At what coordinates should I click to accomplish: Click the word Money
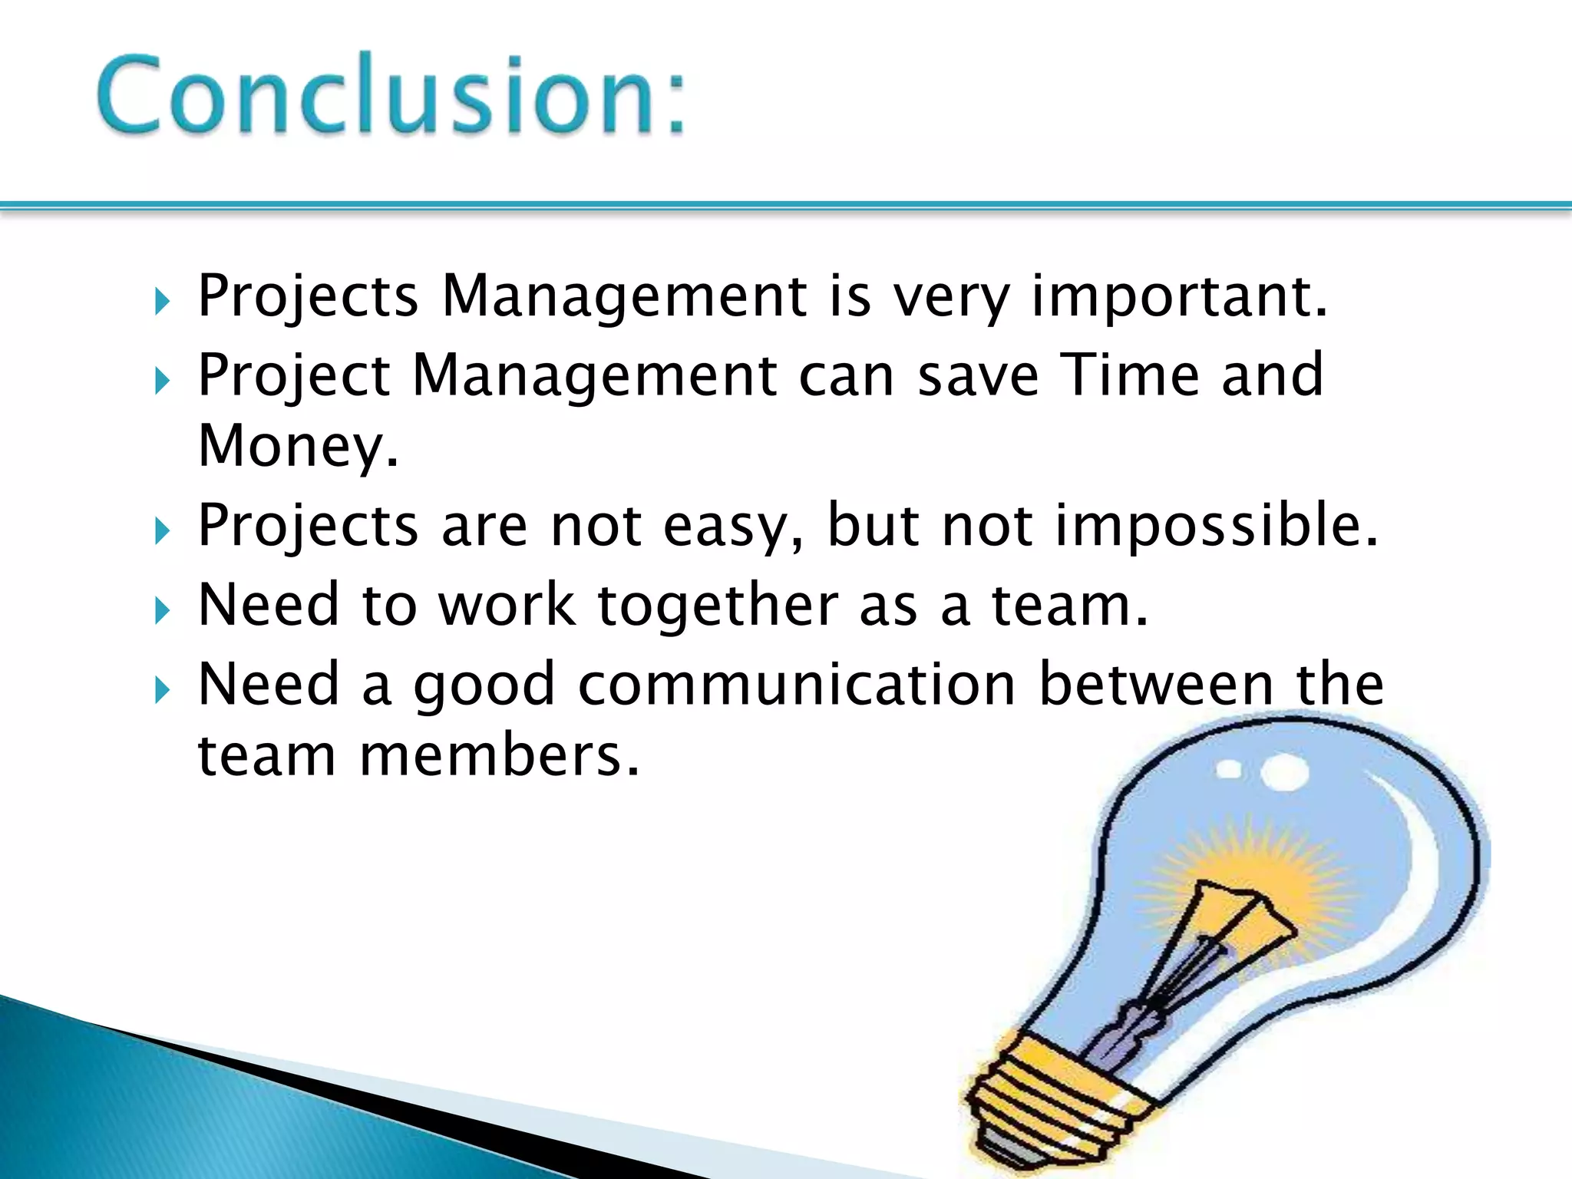[298, 446]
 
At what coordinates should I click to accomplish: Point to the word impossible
[1217, 526]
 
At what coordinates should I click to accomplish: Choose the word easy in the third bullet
[733, 527]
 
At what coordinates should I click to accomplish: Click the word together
[718, 606]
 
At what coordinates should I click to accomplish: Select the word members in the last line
[499, 756]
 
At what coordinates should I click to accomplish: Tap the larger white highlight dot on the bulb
[1283, 771]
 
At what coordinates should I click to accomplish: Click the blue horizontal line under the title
[786, 205]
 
